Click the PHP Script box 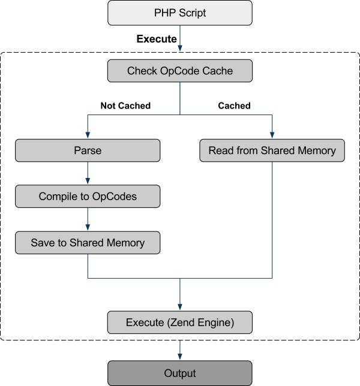click(x=180, y=13)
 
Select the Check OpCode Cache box click(x=180, y=71)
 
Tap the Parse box click(x=88, y=150)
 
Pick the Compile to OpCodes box click(x=88, y=196)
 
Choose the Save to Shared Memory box click(x=88, y=243)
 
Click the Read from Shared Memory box click(x=272, y=150)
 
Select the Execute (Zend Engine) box click(x=180, y=322)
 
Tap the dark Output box click(x=180, y=373)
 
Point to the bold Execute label click(x=157, y=39)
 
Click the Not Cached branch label click(x=125, y=105)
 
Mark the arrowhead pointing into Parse click(x=88, y=135)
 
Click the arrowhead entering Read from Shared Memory click(x=272, y=135)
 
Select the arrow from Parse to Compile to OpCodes click(x=88, y=173)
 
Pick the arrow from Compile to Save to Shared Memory click(x=88, y=219)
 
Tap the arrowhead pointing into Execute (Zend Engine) click(x=180, y=307)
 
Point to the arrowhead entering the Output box click(x=180, y=357)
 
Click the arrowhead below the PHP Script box click(x=180, y=48)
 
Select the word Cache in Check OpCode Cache click(x=218, y=71)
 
